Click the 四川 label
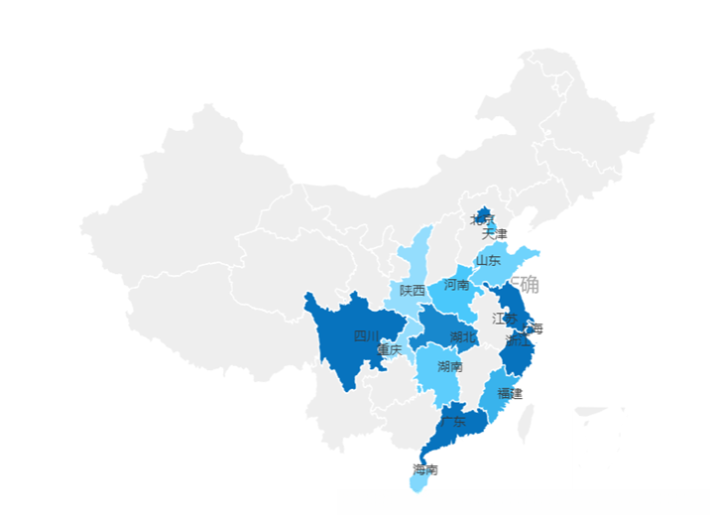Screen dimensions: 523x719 [366, 335]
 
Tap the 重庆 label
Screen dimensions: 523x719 [390, 349]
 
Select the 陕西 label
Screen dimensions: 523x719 [413, 291]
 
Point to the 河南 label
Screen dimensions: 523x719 [456, 285]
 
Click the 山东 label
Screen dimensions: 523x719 [488, 260]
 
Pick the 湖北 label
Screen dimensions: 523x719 [462, 337]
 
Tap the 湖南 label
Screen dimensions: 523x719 [449, 366]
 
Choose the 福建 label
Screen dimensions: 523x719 [510, 393]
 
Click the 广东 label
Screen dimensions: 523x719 [452, 422]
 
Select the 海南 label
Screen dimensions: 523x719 [425, 469]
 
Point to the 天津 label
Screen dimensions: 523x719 [494, 234]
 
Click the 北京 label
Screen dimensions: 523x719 [481, 219]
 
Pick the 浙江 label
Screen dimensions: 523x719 [517, 340]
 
